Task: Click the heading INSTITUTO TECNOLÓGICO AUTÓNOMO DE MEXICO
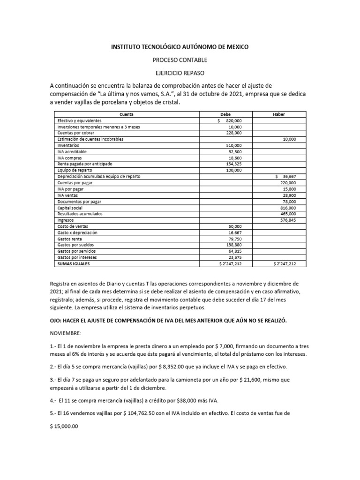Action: (x=180, y=47)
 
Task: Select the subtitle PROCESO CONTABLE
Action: (x=180, y=60)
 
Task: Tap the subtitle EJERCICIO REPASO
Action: (x=180, y=74)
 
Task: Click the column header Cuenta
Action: (x=126, y=114)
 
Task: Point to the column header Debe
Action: (x=225, y=114)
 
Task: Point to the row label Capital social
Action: (x=70, y=207)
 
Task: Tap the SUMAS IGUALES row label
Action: (x=74, y=263)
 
